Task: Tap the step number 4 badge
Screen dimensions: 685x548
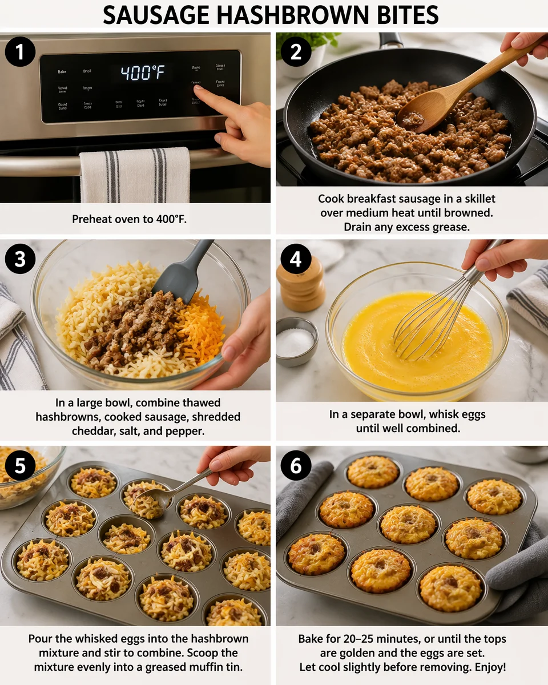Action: (x=296, y=259)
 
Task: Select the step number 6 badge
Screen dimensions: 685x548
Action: (x=296, y=466)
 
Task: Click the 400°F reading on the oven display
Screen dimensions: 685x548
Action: (x=142, y=73)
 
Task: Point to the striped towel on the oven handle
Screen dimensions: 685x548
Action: (x=135, y=175)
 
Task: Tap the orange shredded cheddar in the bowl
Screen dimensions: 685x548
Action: (x=200, y=331)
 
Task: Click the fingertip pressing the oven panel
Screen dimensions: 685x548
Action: (x=198, y=89)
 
